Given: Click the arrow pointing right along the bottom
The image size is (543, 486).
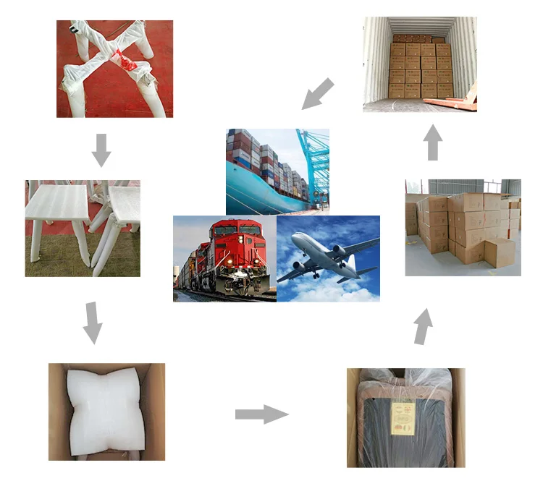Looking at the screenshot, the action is [x=261, y=414].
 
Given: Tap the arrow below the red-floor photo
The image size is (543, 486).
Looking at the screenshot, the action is [x=102, y=149].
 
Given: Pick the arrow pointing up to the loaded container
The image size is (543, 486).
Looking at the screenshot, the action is [x=433, y=142].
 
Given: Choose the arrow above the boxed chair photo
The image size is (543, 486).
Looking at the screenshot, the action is [x=424, y=326].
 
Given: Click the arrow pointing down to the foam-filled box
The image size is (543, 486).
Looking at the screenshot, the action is [x=92, y=323].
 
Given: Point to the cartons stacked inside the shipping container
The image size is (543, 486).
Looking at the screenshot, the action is [x=421, y=69].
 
